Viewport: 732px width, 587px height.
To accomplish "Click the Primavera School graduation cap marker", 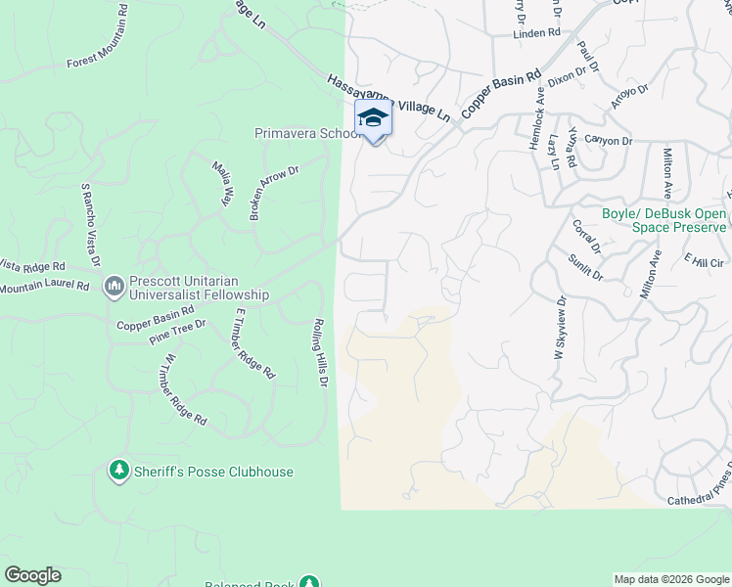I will tap(373, 119).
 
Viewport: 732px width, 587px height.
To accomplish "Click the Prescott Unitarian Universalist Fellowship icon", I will tap(114, 286).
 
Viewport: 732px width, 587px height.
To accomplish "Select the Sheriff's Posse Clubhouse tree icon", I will tap(119, 472).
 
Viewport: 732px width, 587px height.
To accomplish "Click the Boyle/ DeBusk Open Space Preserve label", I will tap(664, 220).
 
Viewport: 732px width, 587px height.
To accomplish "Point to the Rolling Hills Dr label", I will tap(319, 351).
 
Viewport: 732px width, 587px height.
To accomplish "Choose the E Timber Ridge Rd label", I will tap(254, 343).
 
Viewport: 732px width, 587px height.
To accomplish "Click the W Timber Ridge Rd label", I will tap(183, 389).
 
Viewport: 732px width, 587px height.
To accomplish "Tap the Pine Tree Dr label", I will tap(177, 331).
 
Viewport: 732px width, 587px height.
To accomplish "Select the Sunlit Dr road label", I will tap(585, 266).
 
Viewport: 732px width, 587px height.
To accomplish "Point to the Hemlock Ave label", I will tap(536, 118).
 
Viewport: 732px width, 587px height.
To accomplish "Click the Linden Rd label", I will tap(534, 33).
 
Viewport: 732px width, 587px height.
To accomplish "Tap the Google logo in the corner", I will tap(32, 575).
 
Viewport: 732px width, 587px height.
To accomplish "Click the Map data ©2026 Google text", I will tap(672, 579).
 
